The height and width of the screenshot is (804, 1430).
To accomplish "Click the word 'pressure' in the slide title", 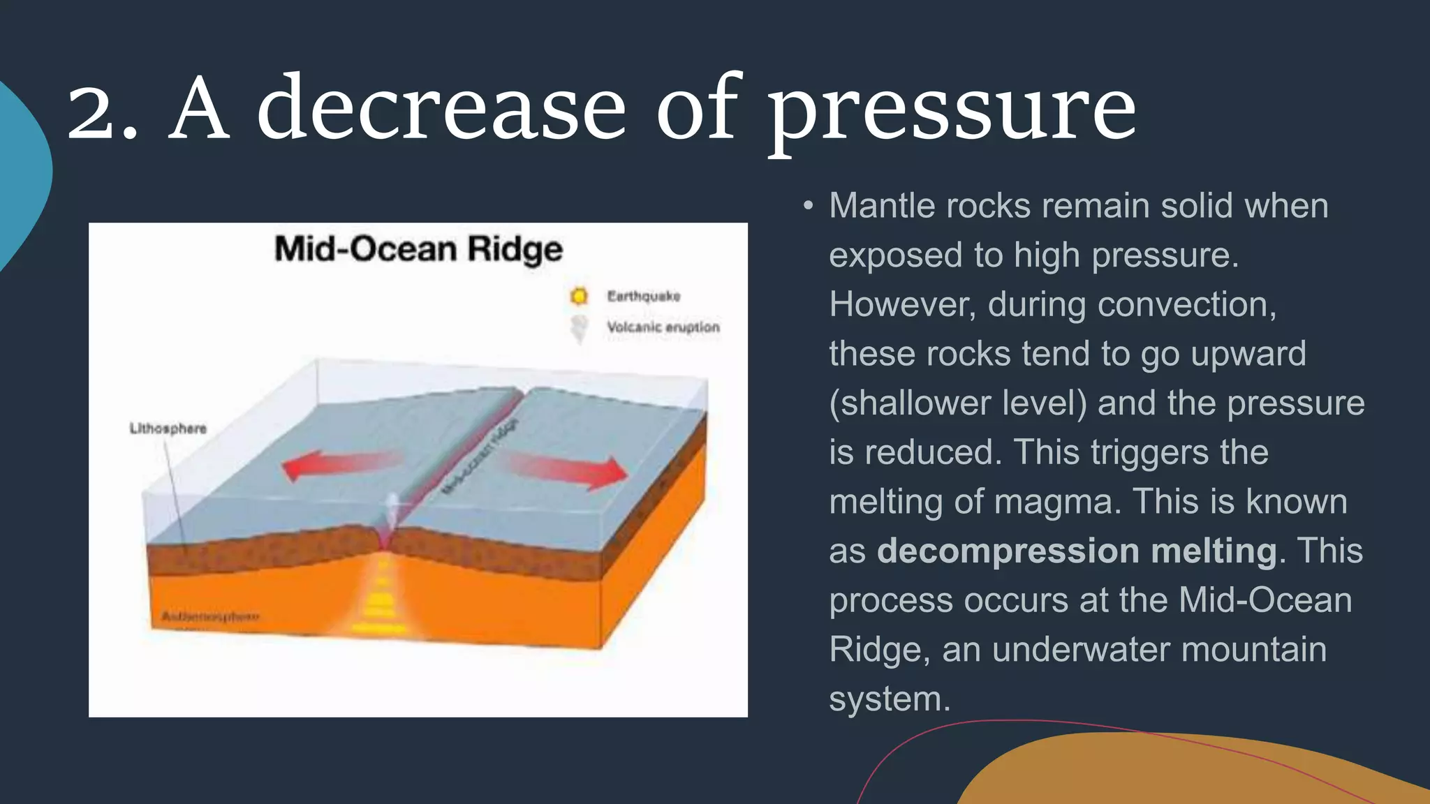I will [x=952, y=112].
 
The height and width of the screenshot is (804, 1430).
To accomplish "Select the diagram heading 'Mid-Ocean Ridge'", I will [x=418, y=249].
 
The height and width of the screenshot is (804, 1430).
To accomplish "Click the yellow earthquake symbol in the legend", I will [x=579, y=296].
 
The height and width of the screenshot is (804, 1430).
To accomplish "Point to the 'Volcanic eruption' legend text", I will [x=663, y=327].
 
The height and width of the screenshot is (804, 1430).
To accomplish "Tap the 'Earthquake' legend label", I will [x=643, y=296].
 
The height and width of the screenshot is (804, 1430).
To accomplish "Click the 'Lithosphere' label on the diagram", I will [x=168, y=428].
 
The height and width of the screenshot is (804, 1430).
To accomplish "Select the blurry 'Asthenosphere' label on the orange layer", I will [x=210, y=616].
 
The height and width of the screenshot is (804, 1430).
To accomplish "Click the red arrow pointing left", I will [x=339, y=464].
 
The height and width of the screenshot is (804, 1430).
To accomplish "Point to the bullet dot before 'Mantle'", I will [x=808, y=206].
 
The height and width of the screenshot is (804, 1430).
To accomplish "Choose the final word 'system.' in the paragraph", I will [x=890, y=699].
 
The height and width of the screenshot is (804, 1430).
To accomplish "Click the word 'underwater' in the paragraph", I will [x=1081, y=650].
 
